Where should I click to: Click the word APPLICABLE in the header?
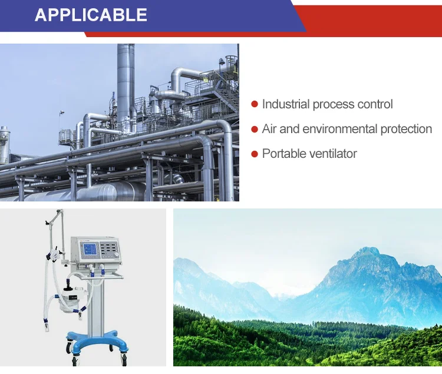[91, 15]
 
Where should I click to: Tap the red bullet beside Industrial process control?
[255, 104]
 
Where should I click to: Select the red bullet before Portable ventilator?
[255, 154]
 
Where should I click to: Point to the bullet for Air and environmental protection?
[255, 129]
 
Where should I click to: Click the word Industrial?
[286, 104]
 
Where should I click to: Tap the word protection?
[406, 129]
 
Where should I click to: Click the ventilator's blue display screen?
[90, 251]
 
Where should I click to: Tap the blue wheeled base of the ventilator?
[96, 342]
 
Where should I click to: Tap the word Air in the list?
[269, 129]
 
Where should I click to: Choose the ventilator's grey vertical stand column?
[95, 304]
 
